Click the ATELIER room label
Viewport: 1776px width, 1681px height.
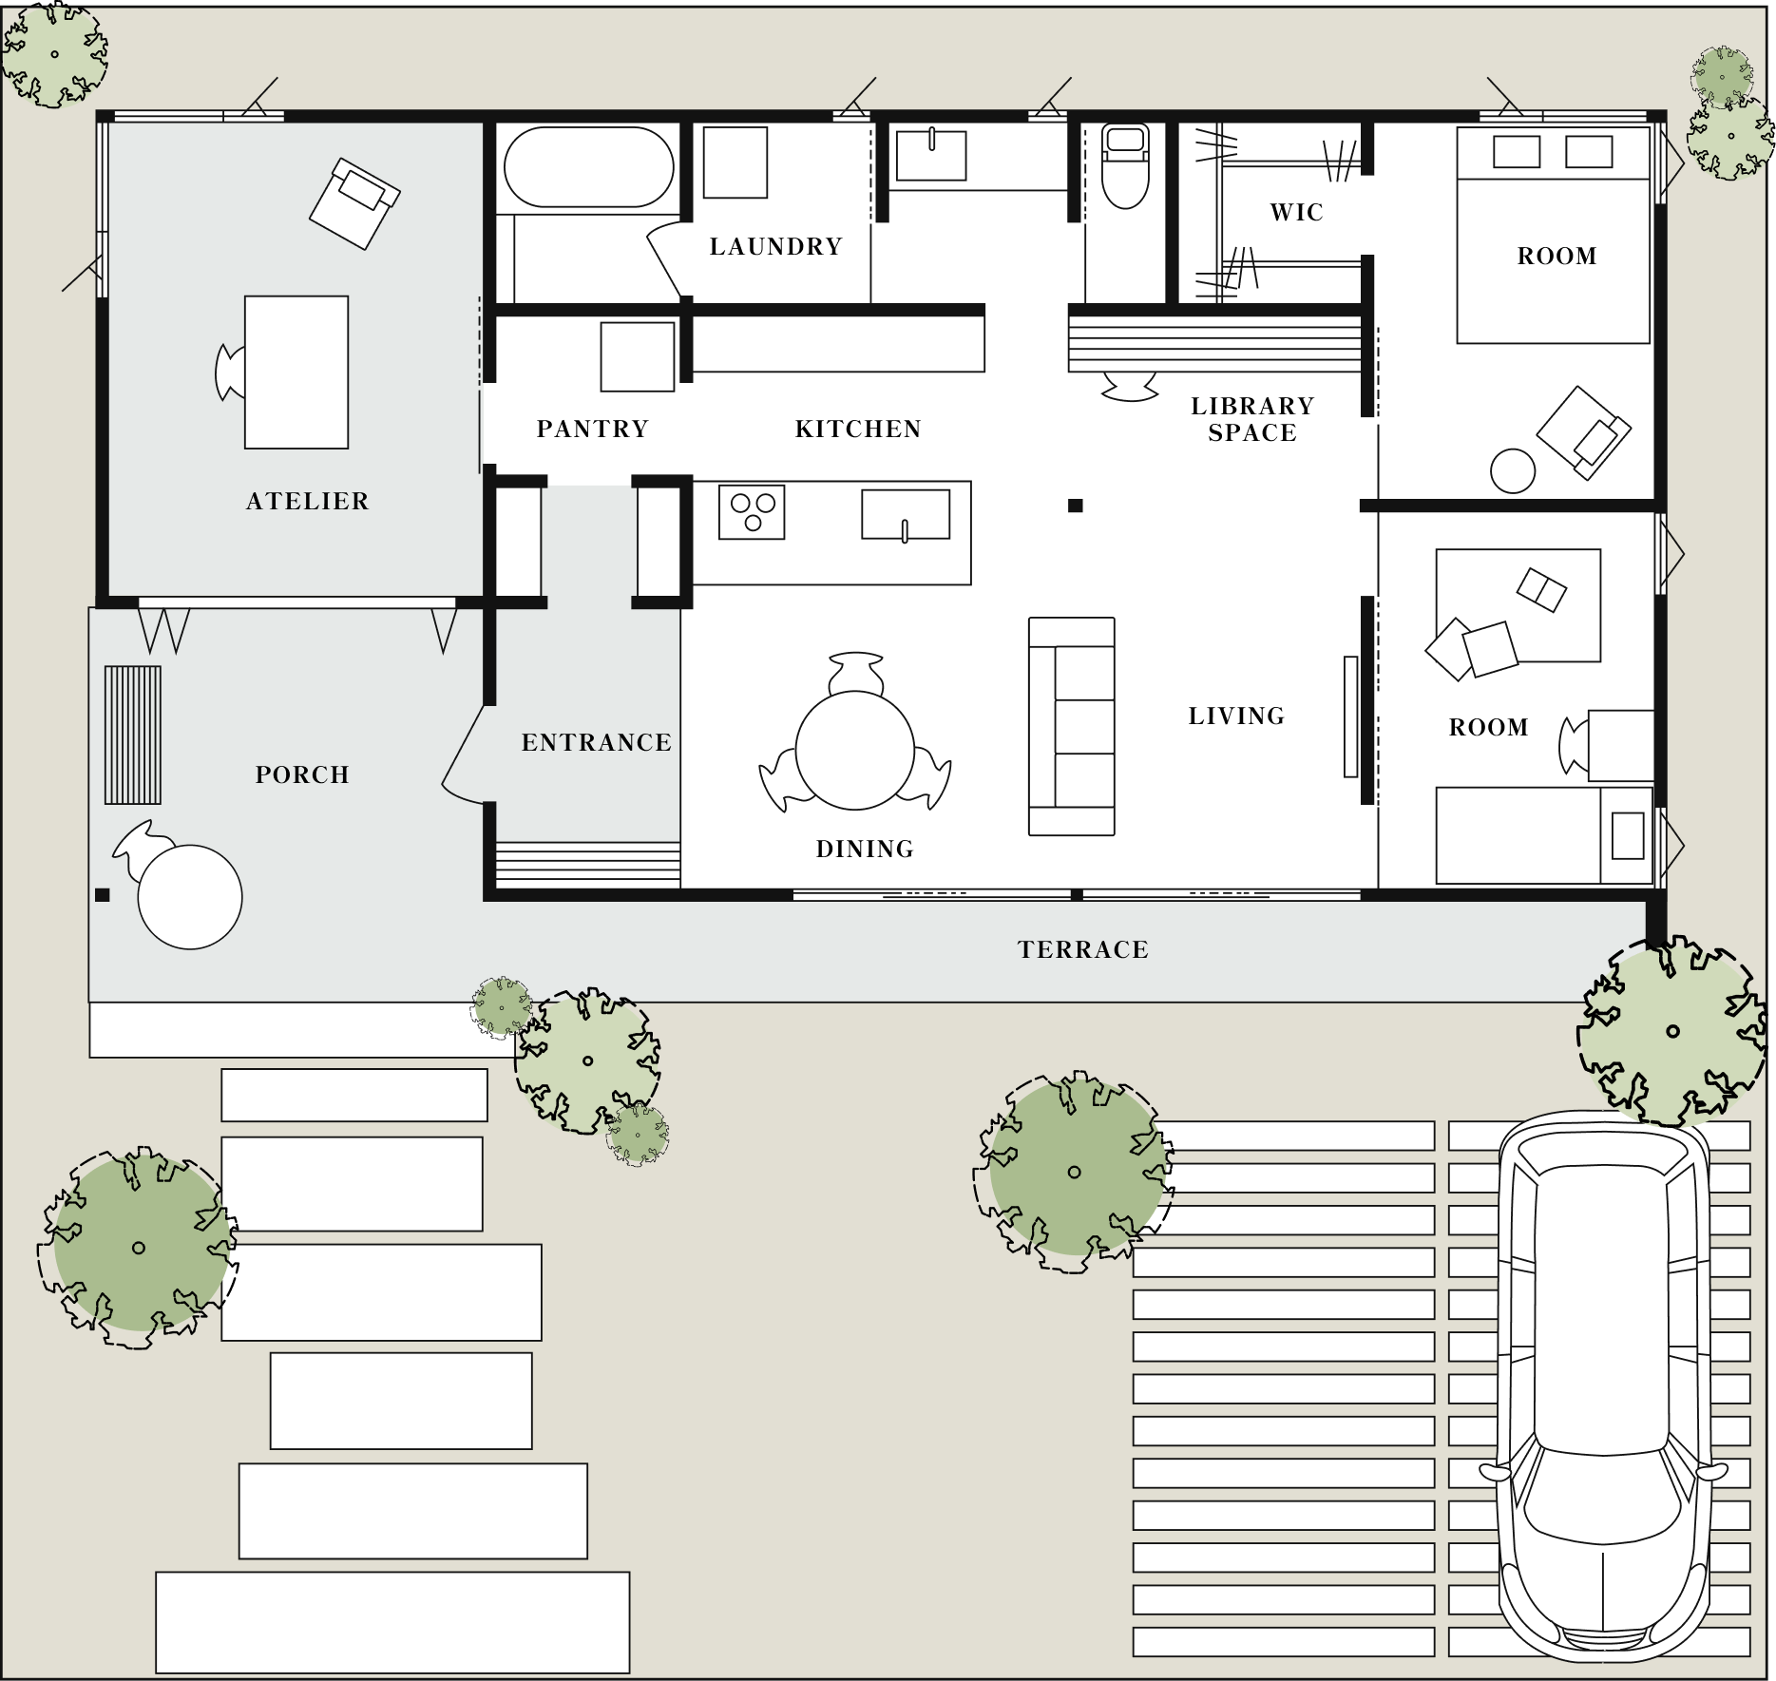307,501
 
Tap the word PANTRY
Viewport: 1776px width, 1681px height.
593,429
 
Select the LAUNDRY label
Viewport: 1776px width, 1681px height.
775,246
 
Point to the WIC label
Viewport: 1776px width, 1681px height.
1296,212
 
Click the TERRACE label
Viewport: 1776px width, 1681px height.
1083,949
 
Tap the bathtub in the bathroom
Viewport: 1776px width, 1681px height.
589,167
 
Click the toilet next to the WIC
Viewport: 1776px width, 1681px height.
1125,166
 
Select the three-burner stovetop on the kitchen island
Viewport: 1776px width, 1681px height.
752,512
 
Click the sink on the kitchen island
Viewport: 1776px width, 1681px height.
906,514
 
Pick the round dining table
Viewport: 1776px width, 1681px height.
855,751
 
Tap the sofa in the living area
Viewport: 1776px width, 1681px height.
1072,727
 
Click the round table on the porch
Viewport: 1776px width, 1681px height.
190,897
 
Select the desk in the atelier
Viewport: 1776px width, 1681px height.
296,372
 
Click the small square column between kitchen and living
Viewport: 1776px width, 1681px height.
1076,506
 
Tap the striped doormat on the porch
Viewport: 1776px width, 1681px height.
132,735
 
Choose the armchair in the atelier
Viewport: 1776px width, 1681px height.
354,204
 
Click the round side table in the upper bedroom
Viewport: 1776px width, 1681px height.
1513,470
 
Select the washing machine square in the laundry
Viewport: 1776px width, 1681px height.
735,162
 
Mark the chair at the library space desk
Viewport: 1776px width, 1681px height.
1130,386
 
